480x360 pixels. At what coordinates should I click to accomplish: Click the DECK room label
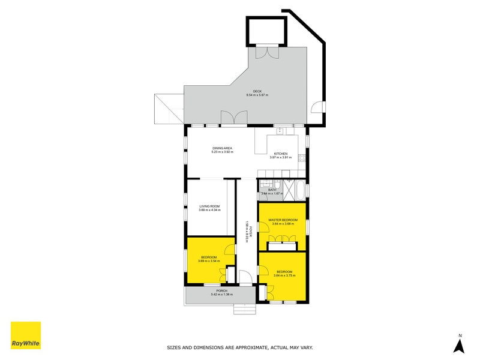coord(257,91)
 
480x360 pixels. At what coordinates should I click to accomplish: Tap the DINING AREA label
coord(222,148)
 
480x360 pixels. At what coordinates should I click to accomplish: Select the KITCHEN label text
coord(281,154)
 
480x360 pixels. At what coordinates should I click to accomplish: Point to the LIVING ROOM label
coord(210,206)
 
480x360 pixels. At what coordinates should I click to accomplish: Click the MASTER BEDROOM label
coord(282,220)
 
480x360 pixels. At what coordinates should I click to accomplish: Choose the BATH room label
coord(272,190)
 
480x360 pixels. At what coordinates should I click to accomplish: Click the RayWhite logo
coord(26,335)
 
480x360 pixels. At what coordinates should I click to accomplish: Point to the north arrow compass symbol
coord(459,344)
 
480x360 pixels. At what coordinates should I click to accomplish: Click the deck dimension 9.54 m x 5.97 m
coord(257,95)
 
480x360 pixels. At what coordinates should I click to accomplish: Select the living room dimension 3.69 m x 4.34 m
coord(210,211)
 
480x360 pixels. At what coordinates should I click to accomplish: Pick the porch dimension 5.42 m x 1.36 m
coord(221,295)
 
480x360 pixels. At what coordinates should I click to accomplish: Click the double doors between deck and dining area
coord(233,118)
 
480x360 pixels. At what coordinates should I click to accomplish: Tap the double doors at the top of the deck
coord(265,52)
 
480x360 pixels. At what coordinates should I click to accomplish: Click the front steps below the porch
coord(244,309)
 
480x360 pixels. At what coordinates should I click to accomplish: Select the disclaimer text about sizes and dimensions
coord(239,347)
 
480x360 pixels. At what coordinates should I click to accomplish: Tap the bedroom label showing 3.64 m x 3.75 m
coord(284,272)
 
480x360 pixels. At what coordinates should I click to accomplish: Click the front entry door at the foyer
coord(245,278)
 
